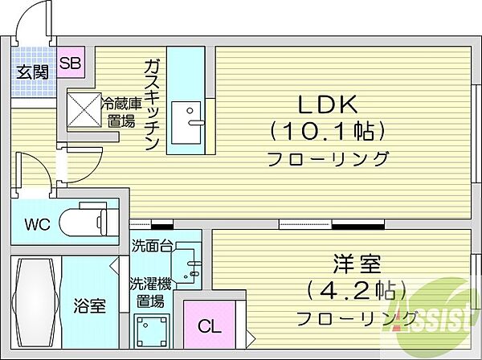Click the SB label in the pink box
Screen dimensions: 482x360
tap(70, 63)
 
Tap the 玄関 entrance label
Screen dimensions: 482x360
tap(33, 72)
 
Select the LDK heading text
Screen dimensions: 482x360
tap(328, 104)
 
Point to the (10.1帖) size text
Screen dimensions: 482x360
tap(328, 131)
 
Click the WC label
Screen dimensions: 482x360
tap(38, 224)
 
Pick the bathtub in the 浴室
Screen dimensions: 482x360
tap(35, 302)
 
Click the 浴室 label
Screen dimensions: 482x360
tap(89, 305)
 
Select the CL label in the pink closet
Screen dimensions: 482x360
tap(210, 326)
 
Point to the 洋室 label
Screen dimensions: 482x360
tap(357, 264)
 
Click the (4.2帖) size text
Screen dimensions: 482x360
tap(357, 290)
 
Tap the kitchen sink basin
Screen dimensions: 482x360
tap(186, 123)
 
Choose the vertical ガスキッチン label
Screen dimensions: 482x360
tap(152, 104)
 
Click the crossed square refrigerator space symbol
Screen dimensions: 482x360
tap(84, 109)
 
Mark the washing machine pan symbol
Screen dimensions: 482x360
tap(152, 331)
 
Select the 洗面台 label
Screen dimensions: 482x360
tap(151, 246)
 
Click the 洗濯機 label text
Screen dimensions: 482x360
tap(150, 284)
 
